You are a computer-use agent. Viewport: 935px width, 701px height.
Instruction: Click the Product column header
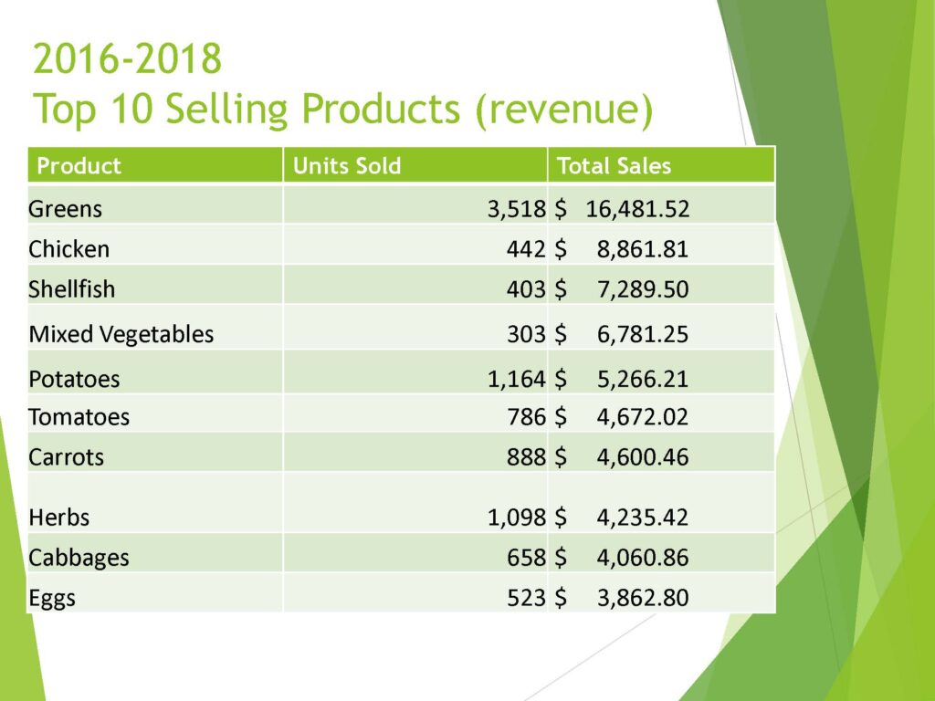coord(79,166)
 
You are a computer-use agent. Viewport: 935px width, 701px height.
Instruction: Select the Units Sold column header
coord(346,166)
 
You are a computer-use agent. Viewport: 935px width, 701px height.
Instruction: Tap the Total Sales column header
coord(614,166)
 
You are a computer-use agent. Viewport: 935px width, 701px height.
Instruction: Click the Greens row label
coord(66,209)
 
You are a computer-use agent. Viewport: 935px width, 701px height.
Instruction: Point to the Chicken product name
coord(69,249)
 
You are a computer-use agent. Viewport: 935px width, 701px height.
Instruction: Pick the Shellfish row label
coord(72,289)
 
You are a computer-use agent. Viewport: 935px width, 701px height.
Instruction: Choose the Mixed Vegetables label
coord(121,334)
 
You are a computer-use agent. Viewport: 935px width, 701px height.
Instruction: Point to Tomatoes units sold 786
coord(527,417)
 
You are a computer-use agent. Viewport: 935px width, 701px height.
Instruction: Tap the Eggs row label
coord(52,598)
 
